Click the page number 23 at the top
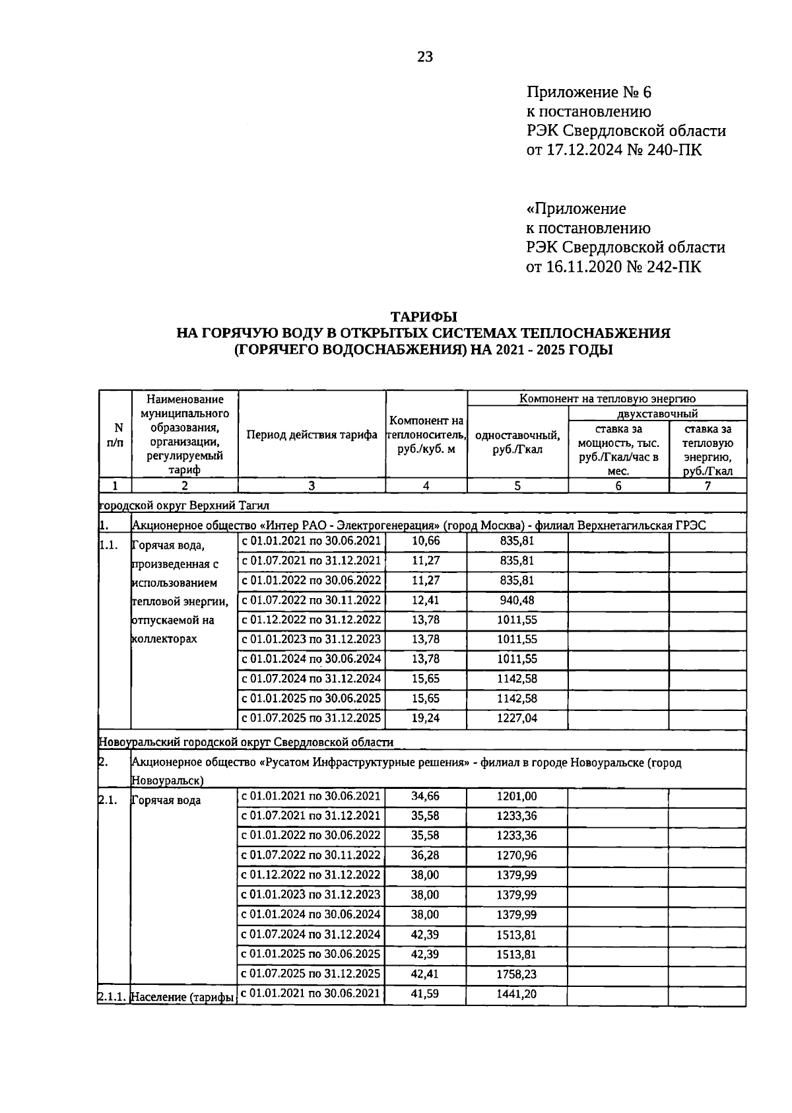(424, 57)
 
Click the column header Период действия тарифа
(312, 434)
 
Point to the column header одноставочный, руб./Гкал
(517, 442)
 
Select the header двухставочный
(657, 414)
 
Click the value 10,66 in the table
(425, 541)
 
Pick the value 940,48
(517, 600)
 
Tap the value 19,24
(425, 718)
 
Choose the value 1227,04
(517, 718)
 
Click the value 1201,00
(517, 796)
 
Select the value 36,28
(425, 855)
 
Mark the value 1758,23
(517, 973)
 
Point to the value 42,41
(425, 973)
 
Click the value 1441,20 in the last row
(517, 993)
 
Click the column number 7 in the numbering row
(708, 486)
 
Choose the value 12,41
(425, 600)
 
